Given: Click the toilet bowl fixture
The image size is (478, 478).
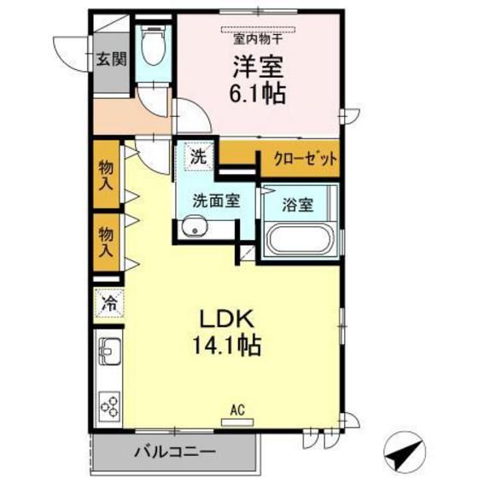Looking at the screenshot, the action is [x=154, y=46].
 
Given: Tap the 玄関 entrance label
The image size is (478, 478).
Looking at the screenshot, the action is [x=111, y=59].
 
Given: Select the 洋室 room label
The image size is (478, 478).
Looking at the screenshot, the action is [x=258, y=67].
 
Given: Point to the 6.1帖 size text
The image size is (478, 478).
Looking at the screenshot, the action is [x=258, y=93].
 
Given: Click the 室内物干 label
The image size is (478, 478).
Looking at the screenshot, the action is [x=258, y=39].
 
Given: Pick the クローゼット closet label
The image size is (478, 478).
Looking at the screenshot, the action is [x=306, y=159].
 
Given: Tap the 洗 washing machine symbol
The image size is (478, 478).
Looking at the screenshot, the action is [x=198, y=157].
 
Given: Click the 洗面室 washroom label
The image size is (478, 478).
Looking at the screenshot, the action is [x=216, y=201].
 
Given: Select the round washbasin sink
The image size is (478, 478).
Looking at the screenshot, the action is [x=195, y=226].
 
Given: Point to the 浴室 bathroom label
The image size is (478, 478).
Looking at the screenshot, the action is [x=298, y=205].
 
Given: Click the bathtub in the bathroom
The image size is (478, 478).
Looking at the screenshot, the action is [x=300, y=239].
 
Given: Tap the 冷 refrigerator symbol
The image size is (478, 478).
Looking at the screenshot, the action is [x=109, y=303].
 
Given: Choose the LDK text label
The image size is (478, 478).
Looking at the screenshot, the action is [x=226, y=318].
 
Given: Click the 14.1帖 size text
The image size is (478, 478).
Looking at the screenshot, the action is [x=226, y=346].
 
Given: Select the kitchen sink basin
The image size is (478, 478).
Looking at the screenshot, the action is [x=109, y=351].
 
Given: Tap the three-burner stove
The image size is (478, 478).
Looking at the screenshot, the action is [x=109, y=406].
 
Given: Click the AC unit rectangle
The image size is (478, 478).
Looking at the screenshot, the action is [x=237, y=422].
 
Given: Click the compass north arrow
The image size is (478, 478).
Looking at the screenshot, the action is [x=405, y=452].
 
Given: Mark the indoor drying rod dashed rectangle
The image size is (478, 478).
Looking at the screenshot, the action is [x=258, y=29].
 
